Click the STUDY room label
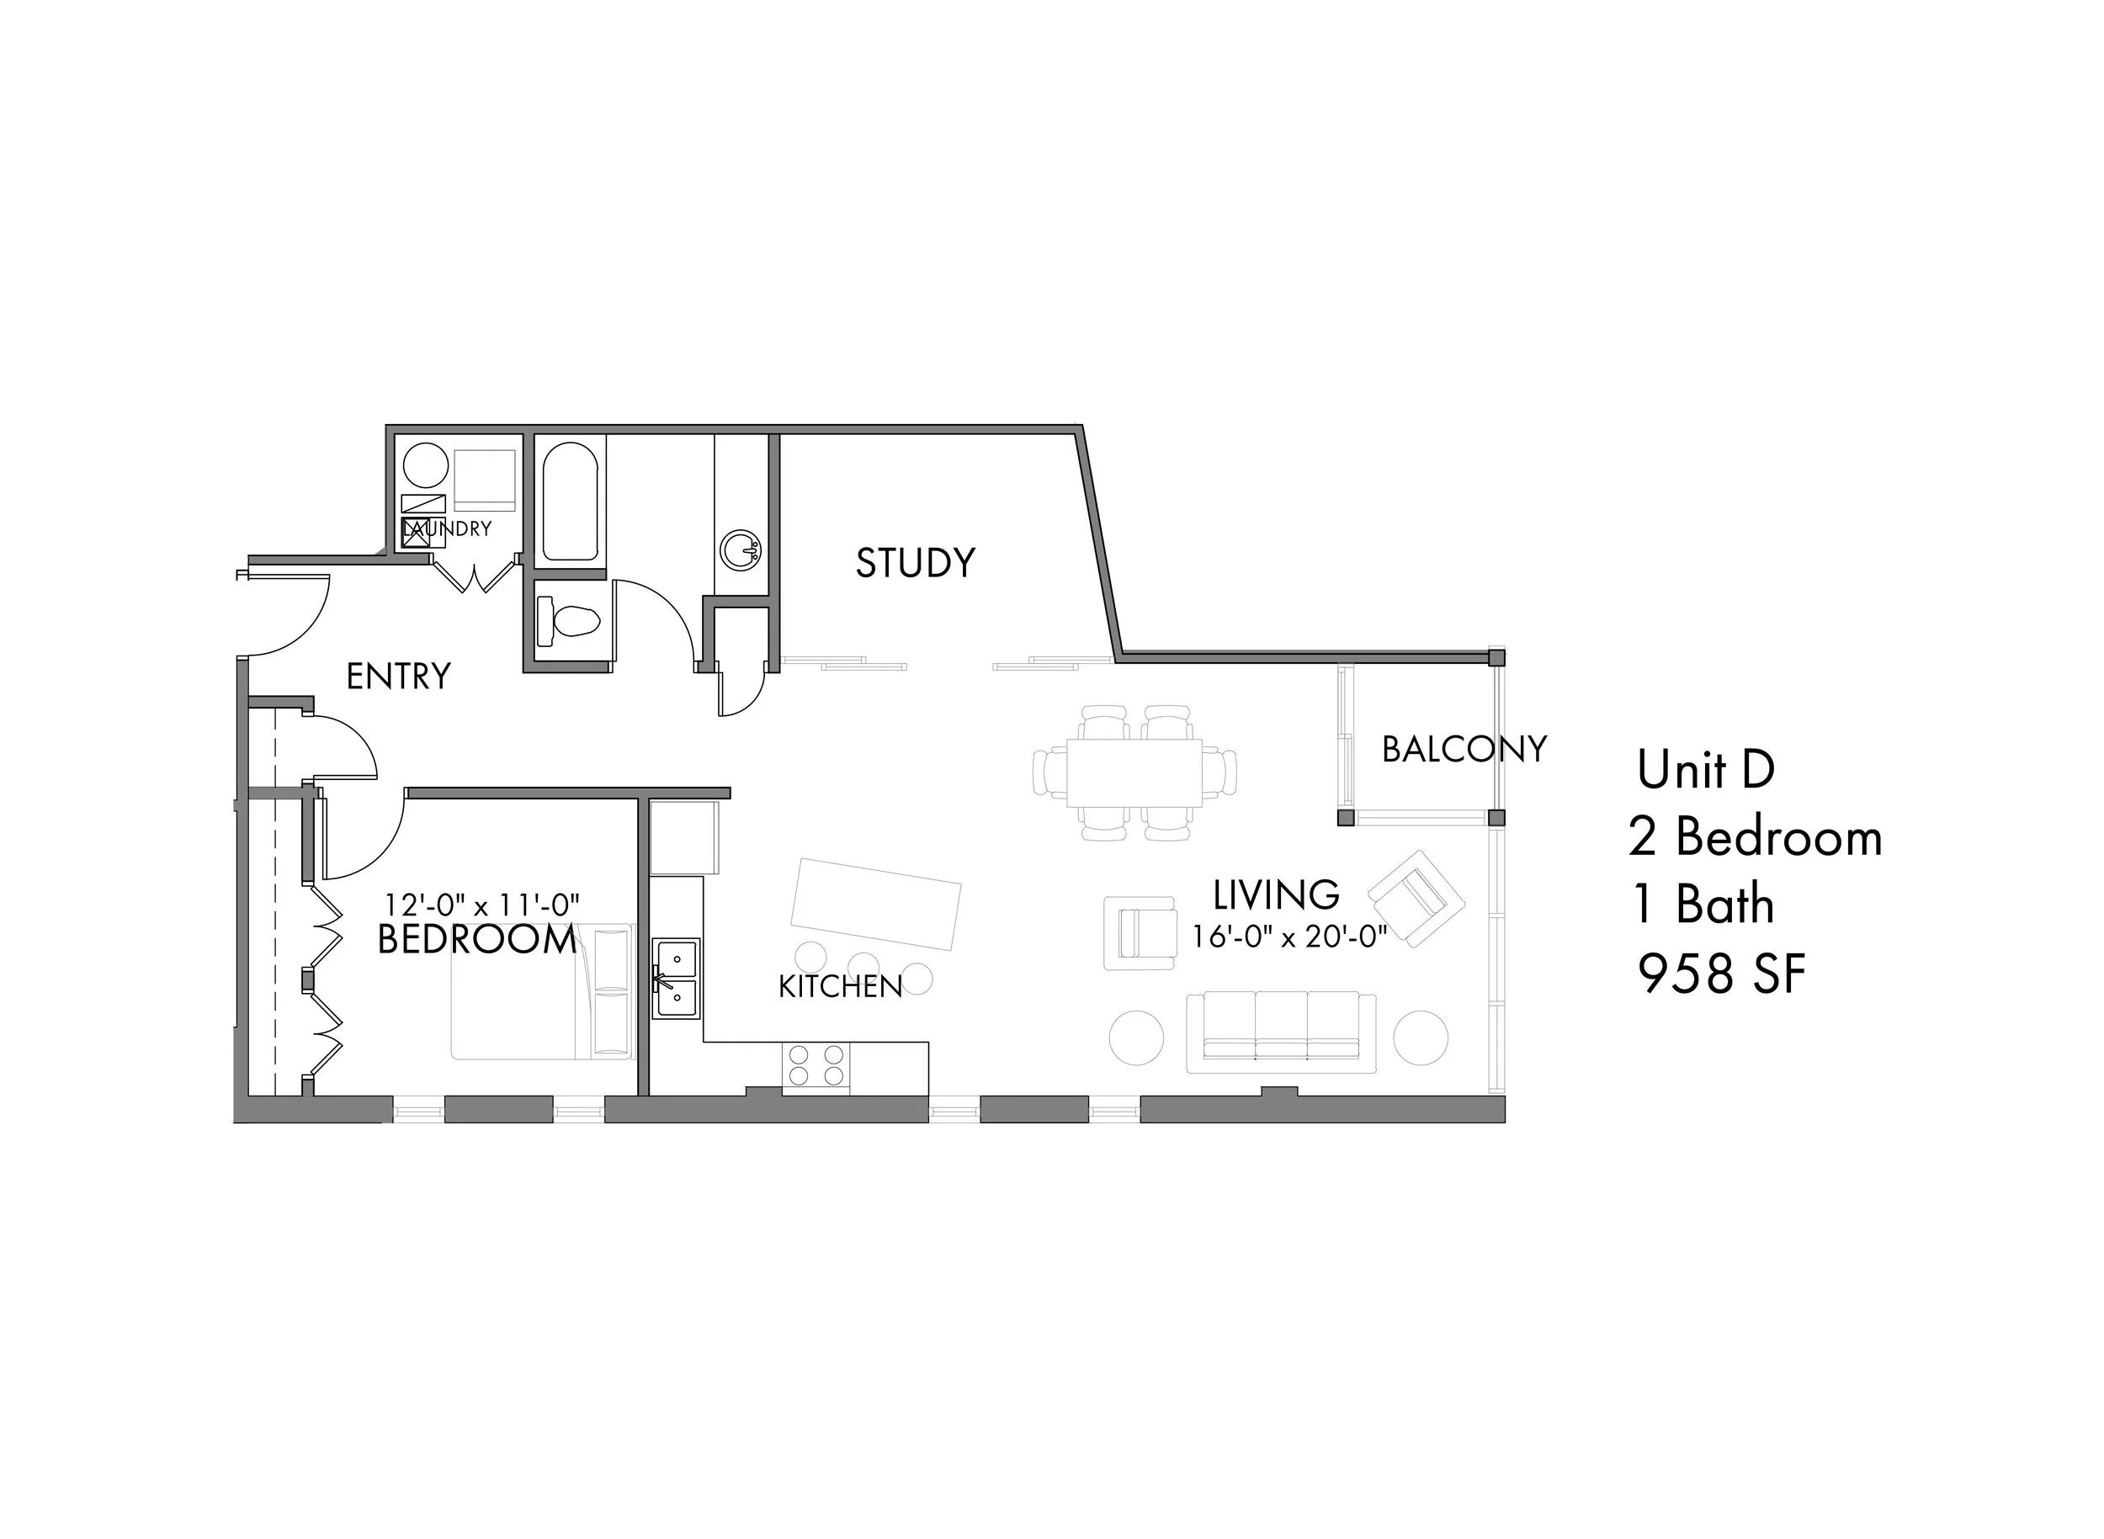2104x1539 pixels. (x=915, y=563)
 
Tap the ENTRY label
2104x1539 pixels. (x=399, y=677)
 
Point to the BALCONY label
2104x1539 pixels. (x=1464, y=749)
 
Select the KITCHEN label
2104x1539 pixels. (x=841, y=986)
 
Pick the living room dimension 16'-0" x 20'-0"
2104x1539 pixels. (x=1289, y=937)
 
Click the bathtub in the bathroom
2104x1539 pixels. (x=571, y=502)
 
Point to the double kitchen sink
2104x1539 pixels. (x=676, y=978)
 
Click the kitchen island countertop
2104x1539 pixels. (x=875, y=904)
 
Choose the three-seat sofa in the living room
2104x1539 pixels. (x=1281, y=1032)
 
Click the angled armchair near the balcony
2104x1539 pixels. (x=1416, y=898)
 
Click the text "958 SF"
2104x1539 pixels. (x=1722, y=974)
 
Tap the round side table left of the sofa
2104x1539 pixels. (x=1136, y=1037)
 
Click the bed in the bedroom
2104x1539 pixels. (x=543, y=991)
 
